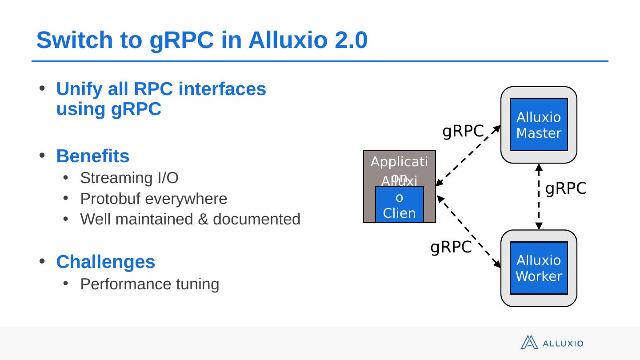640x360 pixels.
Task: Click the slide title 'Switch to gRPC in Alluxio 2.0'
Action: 202,40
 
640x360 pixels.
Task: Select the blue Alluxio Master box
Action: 539,125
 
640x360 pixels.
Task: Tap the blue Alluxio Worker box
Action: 539,268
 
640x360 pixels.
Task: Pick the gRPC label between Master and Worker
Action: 566,189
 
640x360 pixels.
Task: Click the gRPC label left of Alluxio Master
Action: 463,131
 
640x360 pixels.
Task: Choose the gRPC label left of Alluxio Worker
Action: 451,247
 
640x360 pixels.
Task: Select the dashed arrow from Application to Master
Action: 468,156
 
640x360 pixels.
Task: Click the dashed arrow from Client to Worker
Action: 469,232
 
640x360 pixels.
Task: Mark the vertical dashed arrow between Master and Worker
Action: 539,196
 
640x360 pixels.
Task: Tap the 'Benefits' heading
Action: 92,156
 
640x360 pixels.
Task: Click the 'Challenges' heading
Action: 105,262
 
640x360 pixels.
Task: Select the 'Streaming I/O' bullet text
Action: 129,178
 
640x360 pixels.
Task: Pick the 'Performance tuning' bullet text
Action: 150,284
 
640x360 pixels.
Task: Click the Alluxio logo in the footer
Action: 552,343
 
